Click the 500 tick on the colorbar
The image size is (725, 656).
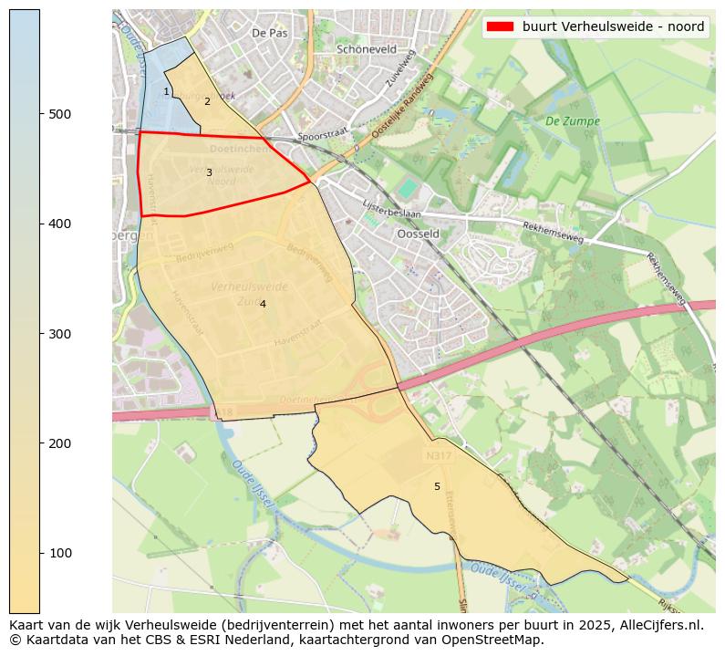pyautogui.click(x=40, y=114)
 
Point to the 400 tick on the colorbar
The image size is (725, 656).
pyautogui.click(x=40, y=224)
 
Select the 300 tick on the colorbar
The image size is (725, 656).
pyautogui.click(x=40, y=334)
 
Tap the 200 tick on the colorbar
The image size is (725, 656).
pyautogui.click(x=40, y=443)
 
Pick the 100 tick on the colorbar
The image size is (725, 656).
pyautogui.click(x=40, y=553)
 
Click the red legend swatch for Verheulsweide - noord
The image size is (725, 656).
pyautogui.click(x=501, y=26)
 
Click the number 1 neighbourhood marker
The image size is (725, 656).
pyautogui.click(x=166, y=91)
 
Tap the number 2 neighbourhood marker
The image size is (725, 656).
pyautogui.click(x=207, y=101)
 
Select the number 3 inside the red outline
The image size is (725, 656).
pyautogui.click(x=209, y=172)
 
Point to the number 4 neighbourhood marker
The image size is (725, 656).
pyautogui.click(x=263, y=304)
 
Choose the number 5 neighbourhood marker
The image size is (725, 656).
pyautogui.click(x=437, y=486)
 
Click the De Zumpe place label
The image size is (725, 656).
pyautogui.click(x=572, y=120)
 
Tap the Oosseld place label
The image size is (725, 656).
pyautogui.click(x=419, y=233)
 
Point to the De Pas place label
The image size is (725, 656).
pyautogui.click(x=269, y=32)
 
